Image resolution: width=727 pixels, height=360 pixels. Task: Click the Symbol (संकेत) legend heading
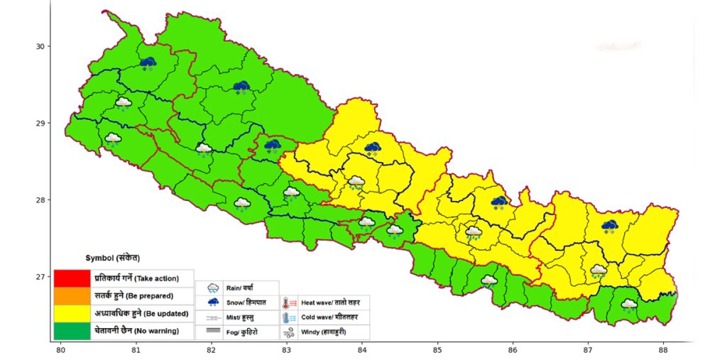coord(112,257)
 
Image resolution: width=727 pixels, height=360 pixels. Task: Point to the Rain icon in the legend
coord(212,288)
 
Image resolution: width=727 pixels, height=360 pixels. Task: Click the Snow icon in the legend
coord(212,302)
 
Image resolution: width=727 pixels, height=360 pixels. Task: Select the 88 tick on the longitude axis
coord(662,350)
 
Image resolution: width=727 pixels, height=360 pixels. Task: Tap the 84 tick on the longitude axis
coord(361,350)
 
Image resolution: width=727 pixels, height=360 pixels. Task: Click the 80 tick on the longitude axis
coord(60,350)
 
